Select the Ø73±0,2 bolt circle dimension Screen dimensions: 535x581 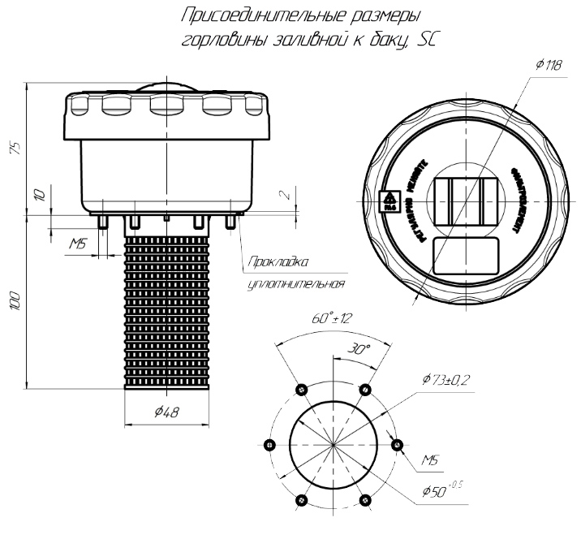coord(445,379)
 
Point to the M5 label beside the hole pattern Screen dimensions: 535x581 coord(431,460)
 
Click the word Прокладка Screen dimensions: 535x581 coord(278,262)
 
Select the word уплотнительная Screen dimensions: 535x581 coord(295,284)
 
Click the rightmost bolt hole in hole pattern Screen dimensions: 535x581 coord(397,444)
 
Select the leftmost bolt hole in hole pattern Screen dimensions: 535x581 coord(269,444)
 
